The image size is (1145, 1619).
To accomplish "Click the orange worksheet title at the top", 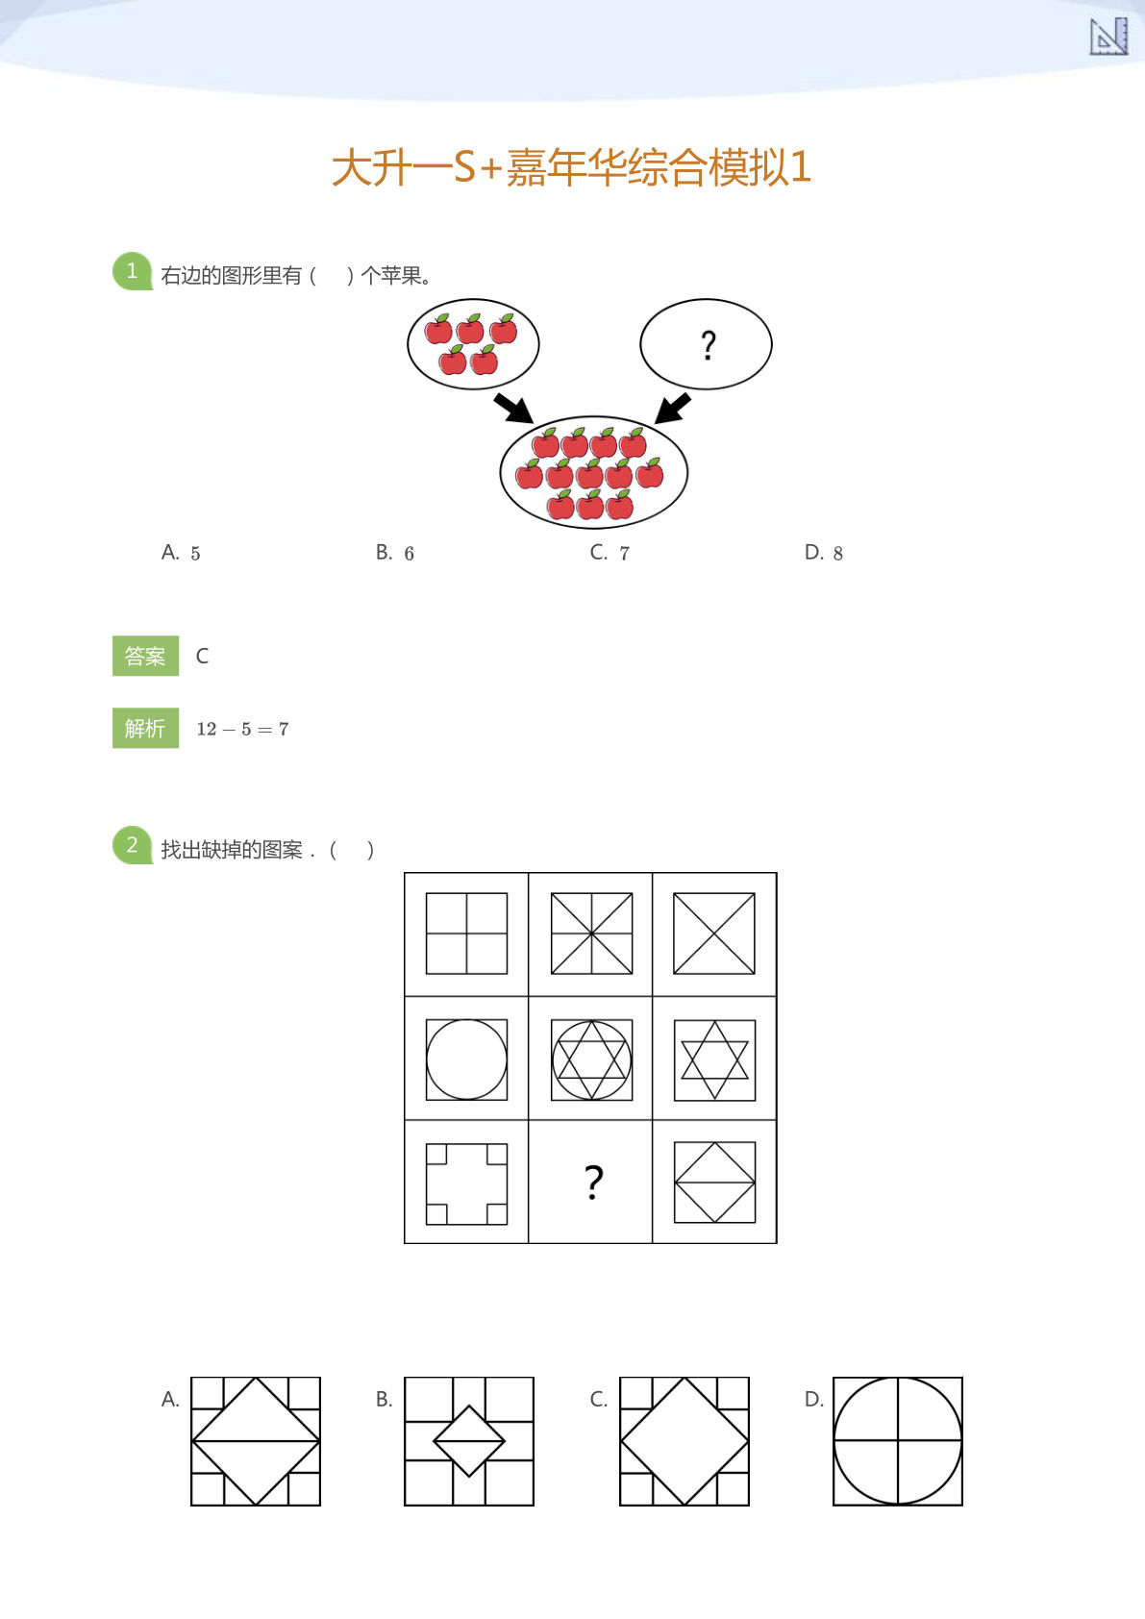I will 571,167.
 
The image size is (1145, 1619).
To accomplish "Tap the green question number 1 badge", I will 132,271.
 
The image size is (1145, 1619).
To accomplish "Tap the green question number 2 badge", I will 132,845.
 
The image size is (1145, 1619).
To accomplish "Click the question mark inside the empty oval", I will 708,344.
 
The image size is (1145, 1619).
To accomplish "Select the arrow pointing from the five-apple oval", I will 513,408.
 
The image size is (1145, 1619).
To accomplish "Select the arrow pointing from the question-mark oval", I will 672,408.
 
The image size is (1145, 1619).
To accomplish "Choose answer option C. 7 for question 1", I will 610,553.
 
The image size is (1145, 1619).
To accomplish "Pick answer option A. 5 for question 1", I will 181,553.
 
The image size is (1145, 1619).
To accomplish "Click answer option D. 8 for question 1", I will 824,553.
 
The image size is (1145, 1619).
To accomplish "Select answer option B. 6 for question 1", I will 395,553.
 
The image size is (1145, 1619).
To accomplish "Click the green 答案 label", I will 145,656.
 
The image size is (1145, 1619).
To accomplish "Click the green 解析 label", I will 145,729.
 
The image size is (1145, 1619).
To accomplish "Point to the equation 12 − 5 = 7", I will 242,729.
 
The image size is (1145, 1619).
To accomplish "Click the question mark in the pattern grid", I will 593,1182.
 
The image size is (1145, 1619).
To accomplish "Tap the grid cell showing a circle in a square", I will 466,1059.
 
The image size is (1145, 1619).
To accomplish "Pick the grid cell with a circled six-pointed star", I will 591,1059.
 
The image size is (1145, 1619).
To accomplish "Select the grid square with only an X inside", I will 714,934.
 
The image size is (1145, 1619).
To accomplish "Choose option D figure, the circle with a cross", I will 897,1441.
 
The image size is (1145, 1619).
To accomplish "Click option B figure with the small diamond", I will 469,1441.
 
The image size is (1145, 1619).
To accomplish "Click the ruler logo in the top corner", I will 1108,37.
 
